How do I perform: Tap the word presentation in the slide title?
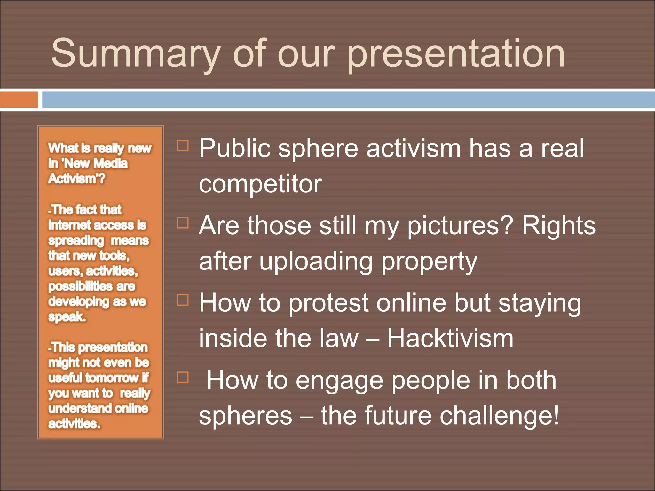(456, 54)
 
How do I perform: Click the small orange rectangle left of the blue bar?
(19, 100)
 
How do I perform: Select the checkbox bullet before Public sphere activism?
(183, 145)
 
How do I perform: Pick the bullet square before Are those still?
(183, 223)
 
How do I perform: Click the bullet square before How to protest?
(183, 300)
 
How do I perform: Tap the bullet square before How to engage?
(183, 378)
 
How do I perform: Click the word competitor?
(260, 184)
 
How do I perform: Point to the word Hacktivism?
(450, 339)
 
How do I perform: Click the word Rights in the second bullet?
(559, 226)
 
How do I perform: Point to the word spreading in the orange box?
(76, 241)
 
